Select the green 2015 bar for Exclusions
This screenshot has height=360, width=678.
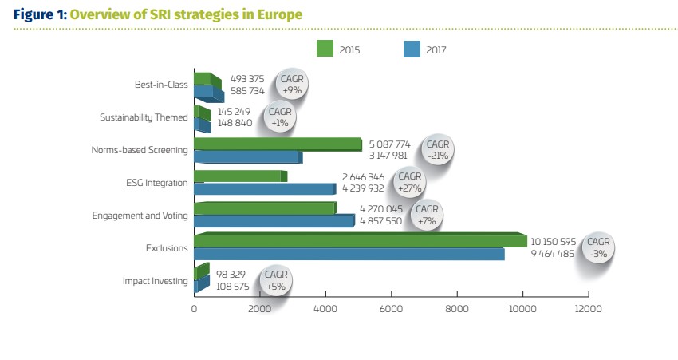(359, 240)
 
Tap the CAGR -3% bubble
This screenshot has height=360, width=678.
(599, 247)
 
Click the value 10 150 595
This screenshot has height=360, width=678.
(556, 242)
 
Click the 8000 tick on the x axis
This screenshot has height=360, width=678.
(457, 307)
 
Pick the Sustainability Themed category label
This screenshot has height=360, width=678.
(144, 117)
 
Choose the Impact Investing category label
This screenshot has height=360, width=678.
(156, 280)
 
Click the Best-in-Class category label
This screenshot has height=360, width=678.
(161, 85)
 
